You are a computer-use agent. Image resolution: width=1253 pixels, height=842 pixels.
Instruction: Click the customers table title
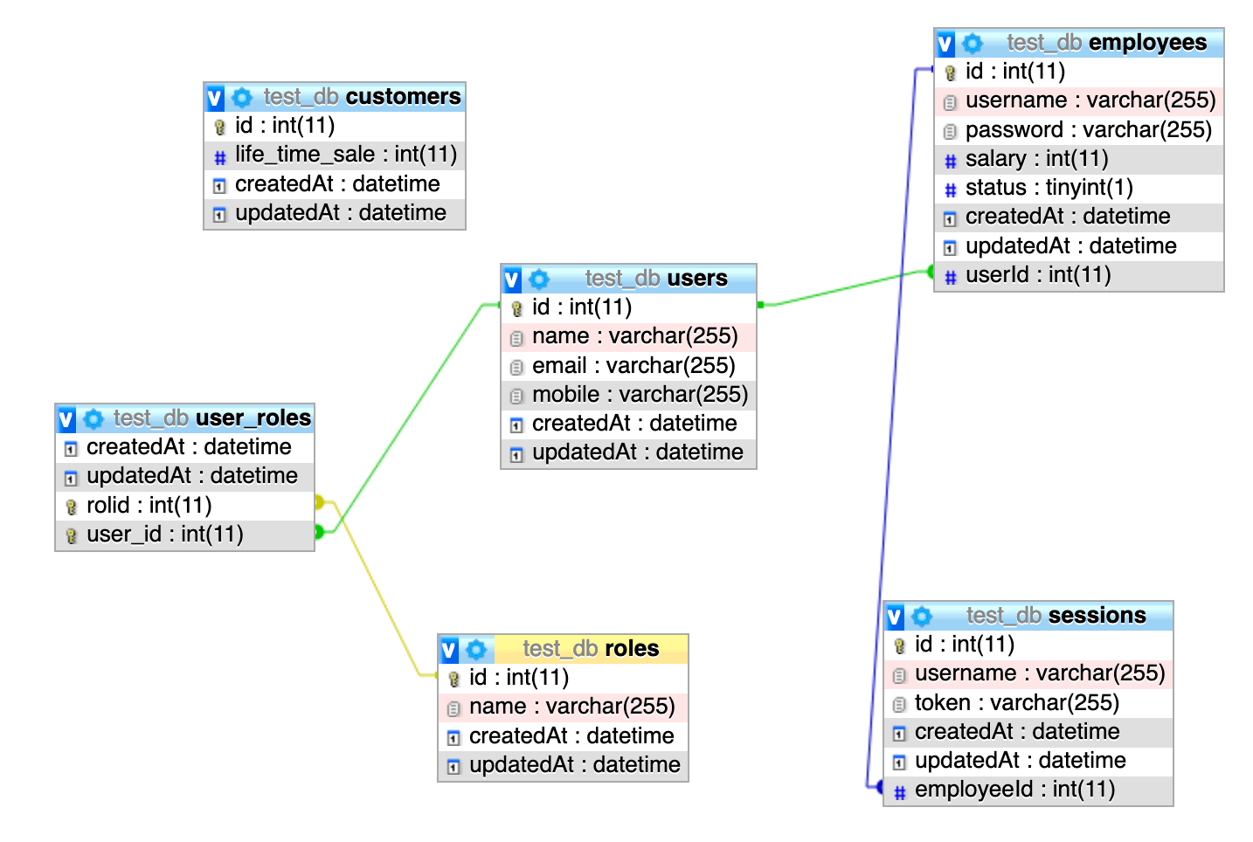[x=362, y=97]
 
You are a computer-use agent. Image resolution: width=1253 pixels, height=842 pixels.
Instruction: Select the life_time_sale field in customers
[x=345, y=155]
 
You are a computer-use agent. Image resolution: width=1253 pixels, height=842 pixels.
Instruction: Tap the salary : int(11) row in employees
[x=1036, y=159]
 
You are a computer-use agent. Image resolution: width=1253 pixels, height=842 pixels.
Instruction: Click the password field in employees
[x=1088, y=130]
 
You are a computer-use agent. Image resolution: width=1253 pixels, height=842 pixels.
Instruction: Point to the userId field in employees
[x=1037, y=275]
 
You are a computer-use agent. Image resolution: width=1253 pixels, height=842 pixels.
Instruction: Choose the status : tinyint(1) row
[x=1049, y=188]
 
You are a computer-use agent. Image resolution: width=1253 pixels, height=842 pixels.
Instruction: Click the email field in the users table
[x=633, y=366]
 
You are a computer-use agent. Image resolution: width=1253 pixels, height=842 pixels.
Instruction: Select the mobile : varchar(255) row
[x=640, y=395]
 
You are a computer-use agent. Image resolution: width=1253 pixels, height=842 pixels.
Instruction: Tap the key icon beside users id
[x=516, y=308]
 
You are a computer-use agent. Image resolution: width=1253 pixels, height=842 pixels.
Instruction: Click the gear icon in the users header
[x=539, y=280]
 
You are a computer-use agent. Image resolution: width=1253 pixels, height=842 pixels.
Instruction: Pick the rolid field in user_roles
[x=149, y=506]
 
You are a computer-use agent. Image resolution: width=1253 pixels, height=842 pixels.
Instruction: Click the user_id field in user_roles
[x=164, y=535]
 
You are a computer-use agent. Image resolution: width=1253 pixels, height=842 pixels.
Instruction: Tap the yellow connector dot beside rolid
[x=319, y=502]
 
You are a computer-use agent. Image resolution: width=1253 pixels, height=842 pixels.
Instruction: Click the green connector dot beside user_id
[x=319, y=532]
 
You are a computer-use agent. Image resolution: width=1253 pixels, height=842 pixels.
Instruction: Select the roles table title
[x=591, y=649]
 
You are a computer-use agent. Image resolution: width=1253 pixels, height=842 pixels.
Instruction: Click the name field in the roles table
[x=571, y=707]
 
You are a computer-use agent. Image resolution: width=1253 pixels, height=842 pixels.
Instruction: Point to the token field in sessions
[x=1016, y=703]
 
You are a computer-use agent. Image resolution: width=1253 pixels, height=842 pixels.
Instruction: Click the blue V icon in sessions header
[x=895, y=618]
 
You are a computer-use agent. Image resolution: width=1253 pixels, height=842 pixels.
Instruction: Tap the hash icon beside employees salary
[x=951, y=161]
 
